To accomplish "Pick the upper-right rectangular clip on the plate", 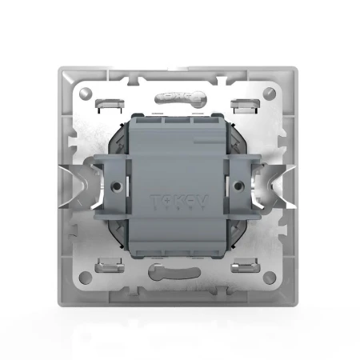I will [242, 104].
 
